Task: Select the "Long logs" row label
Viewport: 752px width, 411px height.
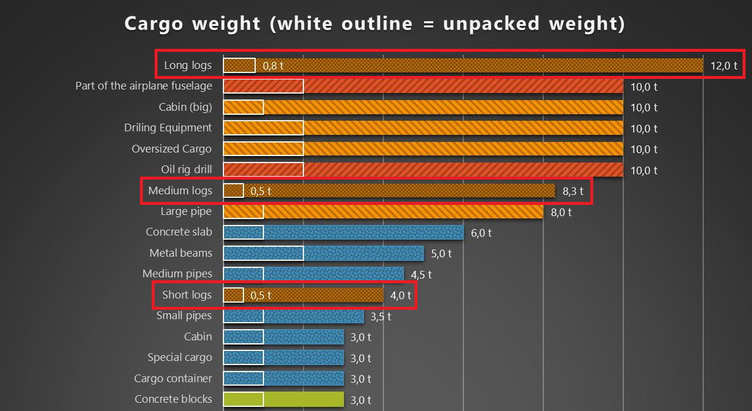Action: point(188,65)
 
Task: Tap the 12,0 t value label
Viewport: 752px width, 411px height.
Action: point(723,65)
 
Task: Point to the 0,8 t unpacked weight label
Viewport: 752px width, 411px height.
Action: point(273,65)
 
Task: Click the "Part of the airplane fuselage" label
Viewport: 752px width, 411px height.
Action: point(143,86)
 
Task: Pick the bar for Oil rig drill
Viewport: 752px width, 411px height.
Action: point(423,170)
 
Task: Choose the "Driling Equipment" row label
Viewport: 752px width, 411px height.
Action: point(168,128)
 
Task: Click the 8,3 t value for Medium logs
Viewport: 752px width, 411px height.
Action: point(573,191)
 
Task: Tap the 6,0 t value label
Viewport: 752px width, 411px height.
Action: point(481,233)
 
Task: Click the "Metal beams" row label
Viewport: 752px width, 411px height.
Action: point(181,253)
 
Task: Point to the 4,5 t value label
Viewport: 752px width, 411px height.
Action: point(421,274)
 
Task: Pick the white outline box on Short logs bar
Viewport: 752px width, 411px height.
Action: point(233,295)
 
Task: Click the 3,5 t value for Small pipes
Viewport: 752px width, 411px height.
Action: point(380,316)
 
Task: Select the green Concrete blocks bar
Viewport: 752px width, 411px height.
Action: point(283,399)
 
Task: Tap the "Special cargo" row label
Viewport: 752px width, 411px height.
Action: point(179,357)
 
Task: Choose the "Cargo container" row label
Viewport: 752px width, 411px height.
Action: point(173,379)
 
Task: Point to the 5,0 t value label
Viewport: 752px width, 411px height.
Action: point(441,254)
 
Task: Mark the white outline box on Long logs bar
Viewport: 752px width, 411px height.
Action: point(239,65)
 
